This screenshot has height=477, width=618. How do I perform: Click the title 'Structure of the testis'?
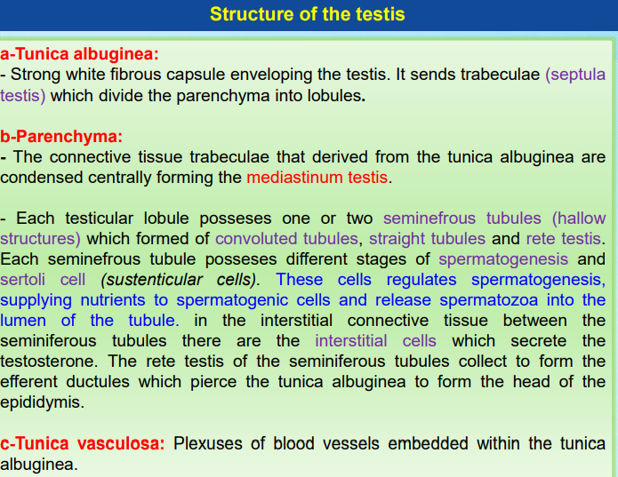(x=307, y=14)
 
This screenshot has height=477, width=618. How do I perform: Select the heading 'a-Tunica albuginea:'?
(x=80, y=55)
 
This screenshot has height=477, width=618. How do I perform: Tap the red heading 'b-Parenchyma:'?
(x=61, y=137)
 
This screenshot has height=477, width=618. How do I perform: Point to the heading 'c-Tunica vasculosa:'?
(x=83, y=443)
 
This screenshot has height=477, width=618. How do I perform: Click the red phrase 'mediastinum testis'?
(x=317, y=177)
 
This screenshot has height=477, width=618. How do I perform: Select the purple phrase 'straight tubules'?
(x=427, y=238)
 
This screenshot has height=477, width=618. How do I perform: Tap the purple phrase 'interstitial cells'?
(x=375, y=340)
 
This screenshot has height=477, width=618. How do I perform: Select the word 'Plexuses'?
(x=206, y=443)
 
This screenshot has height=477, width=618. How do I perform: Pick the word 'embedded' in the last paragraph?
(x=470, y=443)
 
